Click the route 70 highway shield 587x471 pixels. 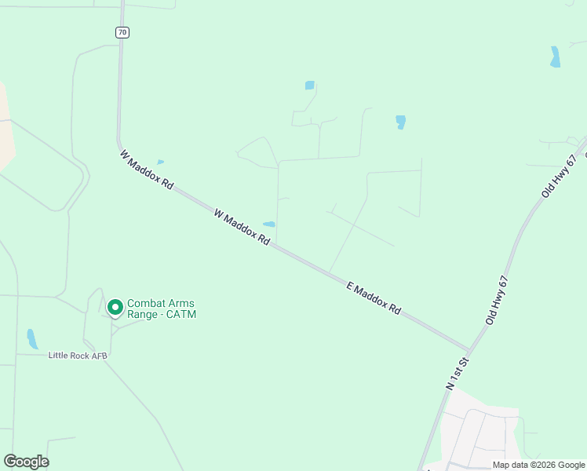click(121, 32)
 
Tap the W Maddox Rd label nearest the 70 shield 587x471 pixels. click(147, 170)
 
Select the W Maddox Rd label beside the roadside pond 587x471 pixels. click(242, 226)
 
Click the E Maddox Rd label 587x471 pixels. click(374, 298)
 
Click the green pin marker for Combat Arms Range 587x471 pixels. click(115, 307)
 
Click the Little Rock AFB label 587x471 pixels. click(77, 356)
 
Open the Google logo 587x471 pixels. click(26, 462)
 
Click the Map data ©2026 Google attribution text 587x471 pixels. click(538, 465)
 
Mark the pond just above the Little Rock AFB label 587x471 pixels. click(31, 338)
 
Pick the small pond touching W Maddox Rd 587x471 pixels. click(268, 225)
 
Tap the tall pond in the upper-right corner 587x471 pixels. click(556, 57)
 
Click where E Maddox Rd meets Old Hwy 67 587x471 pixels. click(469, 349)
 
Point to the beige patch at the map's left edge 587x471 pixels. click(6, 126)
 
